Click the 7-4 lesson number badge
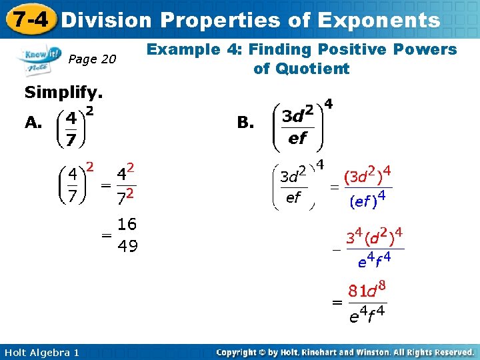29,19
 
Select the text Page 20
92,60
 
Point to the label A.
33,122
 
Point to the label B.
245,122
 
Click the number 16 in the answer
127,224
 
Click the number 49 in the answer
127,247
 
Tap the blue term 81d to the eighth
367,291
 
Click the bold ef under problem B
297,139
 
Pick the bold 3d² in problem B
298,115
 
